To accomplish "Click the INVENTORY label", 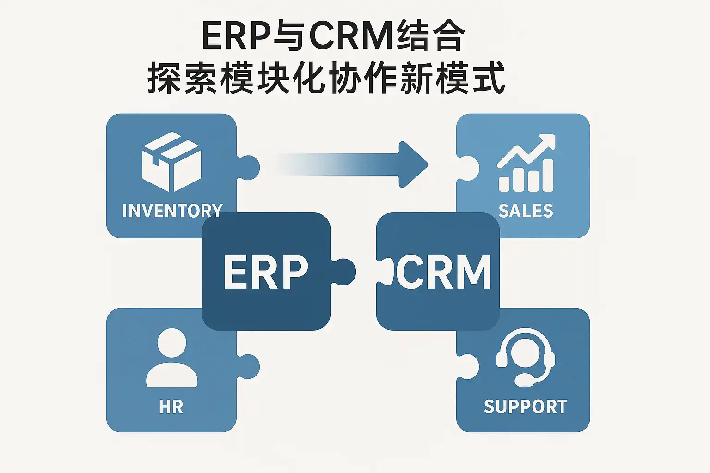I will [172, 211].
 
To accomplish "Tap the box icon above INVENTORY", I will [171, 162].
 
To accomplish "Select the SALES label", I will [526, 211].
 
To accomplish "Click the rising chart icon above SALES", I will [526, 164].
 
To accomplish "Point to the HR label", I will [171, 407].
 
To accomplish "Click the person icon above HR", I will [171, 358].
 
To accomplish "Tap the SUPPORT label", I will [526, 407].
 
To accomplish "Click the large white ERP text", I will [266, 272].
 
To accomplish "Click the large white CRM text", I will [443, 272].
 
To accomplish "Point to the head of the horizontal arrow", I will [413, 164].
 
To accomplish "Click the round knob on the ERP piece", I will [344, 271].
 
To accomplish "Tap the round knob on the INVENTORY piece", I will [249, 168].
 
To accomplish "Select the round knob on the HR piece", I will [249, 367].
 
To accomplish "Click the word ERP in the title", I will [236, 36].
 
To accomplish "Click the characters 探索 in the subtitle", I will [183, 79].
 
